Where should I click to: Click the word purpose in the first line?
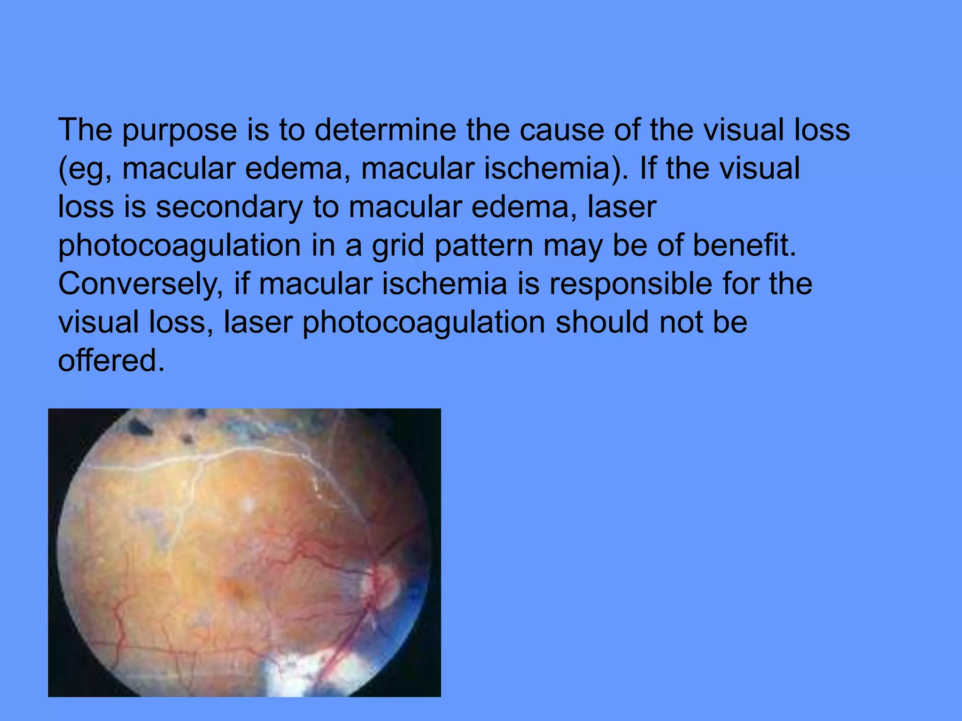(179, 130)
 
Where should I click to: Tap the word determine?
(385, 130)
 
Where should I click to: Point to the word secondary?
(229, 207)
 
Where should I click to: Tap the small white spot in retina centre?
(248, 505)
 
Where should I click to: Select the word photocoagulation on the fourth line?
(179, 246)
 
